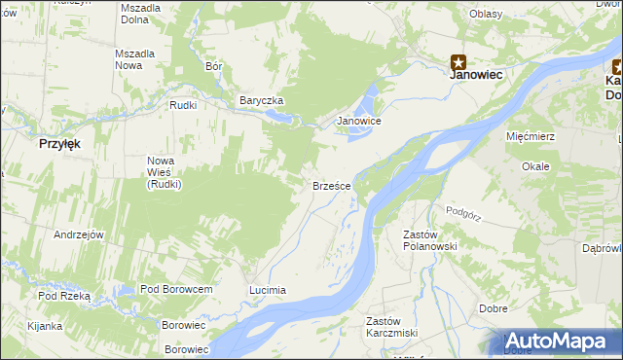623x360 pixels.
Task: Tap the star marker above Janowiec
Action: tap(458, 61)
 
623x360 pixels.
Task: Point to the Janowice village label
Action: tap(358, 121)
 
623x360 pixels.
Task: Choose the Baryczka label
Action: tap(261, 100)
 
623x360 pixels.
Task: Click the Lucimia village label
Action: tap(268, 290)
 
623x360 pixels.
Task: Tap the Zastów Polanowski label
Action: tap(430, 240)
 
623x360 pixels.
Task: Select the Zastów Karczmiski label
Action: tap(391, 327)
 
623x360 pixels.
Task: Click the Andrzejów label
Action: tap(79, 234)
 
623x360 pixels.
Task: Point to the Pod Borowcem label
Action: tap(176, 289)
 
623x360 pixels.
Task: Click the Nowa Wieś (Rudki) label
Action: tap(165, 172)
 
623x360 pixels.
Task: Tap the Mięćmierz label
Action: tap(531, 136)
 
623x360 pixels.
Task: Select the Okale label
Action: tap(535, 166)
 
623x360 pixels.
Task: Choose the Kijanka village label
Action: tap(45, 326)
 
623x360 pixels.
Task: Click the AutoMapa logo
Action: tap(558, 341)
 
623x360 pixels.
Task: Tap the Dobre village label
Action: tap(494, 308)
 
